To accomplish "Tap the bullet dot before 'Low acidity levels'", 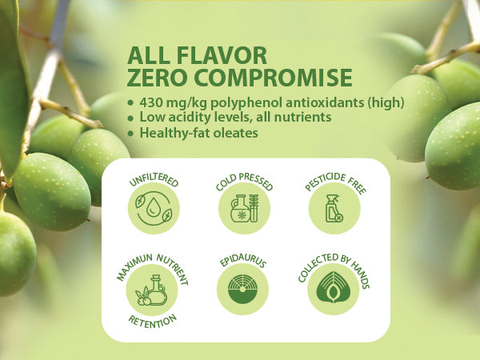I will (x=131, y=117).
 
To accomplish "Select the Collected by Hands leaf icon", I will (x=334, y=290).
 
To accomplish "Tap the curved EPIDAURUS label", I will (x=244, y=260).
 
